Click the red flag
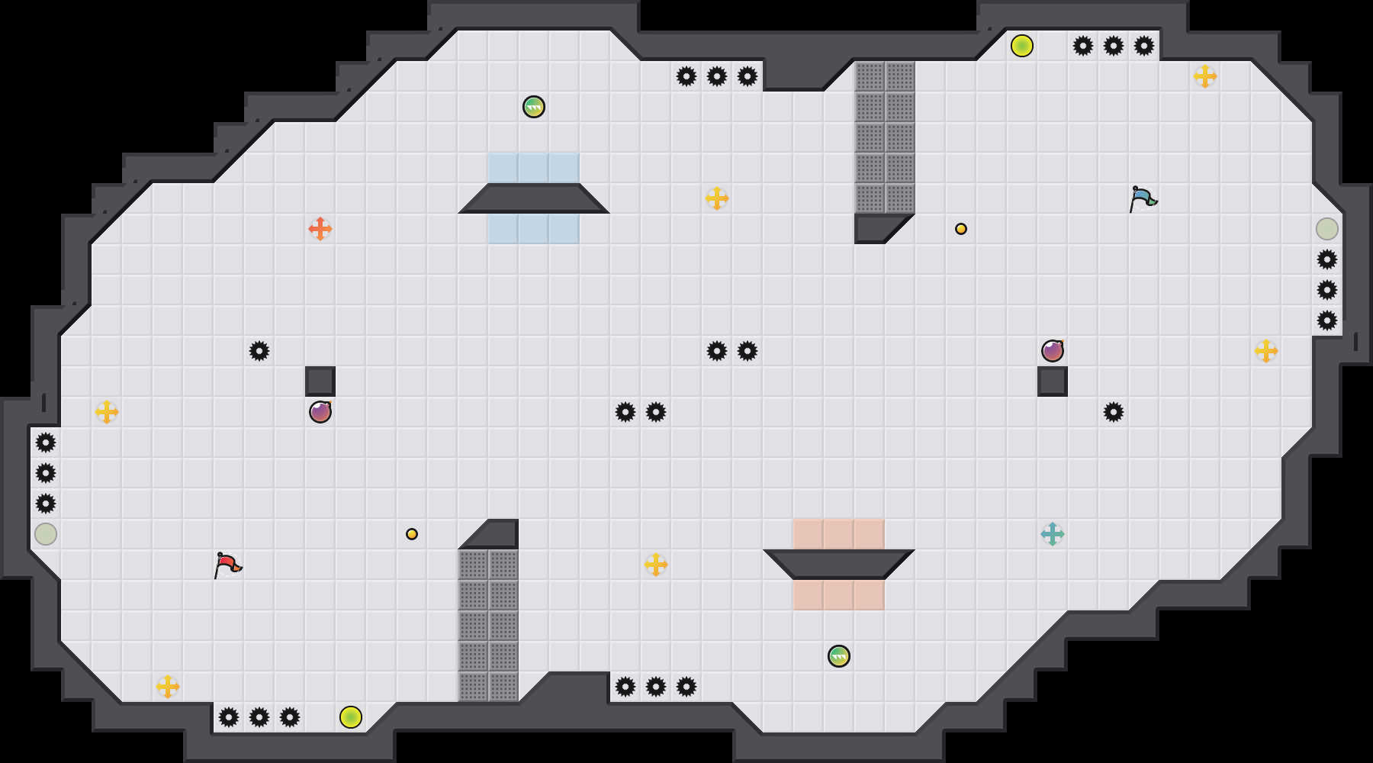click(227, 565)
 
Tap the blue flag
click(1143, 198)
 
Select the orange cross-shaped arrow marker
click(320, 229)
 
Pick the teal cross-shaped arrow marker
click(1053, 534)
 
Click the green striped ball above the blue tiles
click(534, 107)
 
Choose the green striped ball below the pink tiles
click(839, 656)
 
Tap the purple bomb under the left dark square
click(320, 412)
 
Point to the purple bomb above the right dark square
click(1053, 351)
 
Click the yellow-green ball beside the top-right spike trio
click(1022, 46)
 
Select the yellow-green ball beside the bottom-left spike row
click(351, 717)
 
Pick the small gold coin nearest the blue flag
click(961, 229)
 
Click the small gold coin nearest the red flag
click(412, 534)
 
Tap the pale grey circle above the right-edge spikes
click(1327, 229)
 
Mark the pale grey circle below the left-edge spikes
click(46, 534)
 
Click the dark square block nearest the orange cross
click(320, 381)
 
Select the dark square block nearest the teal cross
click(1053, 381)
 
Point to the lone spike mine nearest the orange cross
click(259, 351)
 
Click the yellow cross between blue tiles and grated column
click(717, 198)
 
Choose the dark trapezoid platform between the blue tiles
click(534, 198)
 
